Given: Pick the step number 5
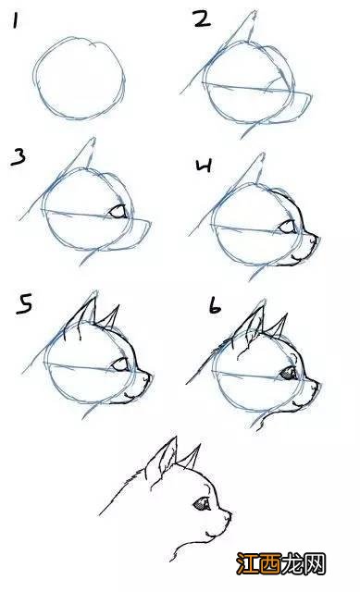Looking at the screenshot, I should tap(27, 304).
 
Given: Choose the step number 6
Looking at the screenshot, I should tap(214, 306).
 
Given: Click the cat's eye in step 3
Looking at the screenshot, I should tap(118, 213).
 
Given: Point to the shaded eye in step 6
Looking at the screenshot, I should tap(289, 372).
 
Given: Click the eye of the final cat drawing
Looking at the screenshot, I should tap(202, 505).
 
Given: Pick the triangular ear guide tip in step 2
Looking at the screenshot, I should tap(253, 15).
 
